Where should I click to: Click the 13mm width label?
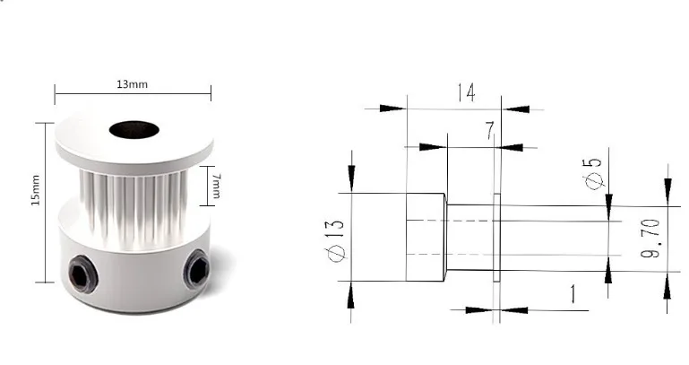point(132,84)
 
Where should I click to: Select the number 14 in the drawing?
point(465,92)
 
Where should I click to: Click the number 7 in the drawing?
point(489,132)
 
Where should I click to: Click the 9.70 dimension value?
point(651,239)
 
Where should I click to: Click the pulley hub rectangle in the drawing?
point(426,238)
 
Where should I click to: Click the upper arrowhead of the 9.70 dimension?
point(667,187)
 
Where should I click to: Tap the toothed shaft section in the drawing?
point(469,238)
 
